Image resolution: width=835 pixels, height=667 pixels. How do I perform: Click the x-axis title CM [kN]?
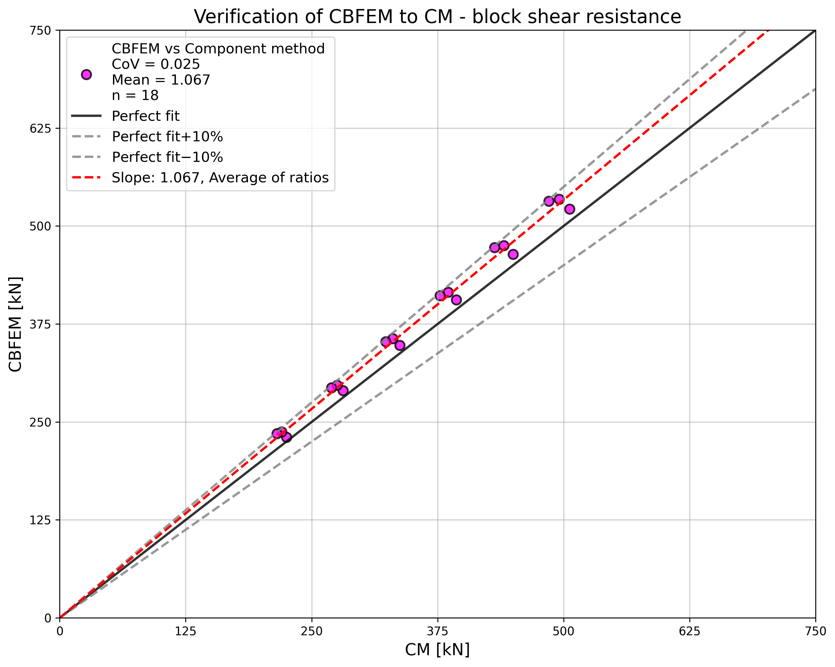pyautogui.click(x=437, y=650)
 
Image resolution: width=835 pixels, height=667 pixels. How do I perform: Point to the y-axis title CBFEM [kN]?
pyautogui.click(x=15, y=324)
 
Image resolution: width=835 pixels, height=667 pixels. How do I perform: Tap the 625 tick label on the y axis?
pyautogui.click(x=41, y=128)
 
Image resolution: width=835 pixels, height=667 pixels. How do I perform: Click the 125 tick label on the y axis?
pyautogui.click(x=41, y=520)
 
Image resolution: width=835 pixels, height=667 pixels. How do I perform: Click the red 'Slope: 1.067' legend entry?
pyautogui.click(x=220, y=178)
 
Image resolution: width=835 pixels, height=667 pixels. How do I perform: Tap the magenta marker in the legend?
pyautogui.click(x=86, y=75)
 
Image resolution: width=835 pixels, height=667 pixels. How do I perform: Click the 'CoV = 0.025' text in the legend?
pyautogui.click(x=156, y=64)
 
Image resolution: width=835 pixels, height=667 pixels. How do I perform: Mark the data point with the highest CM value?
pyautogui.click(x=569, y=209)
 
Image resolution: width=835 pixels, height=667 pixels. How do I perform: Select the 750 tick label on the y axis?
pyautogui.click(x=41, y=30)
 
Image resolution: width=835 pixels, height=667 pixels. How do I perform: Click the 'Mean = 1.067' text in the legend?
pyautogui.click(x=161, y=80)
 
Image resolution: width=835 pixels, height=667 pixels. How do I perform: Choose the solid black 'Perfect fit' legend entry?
pyautogui.click(x=146, y=116)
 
